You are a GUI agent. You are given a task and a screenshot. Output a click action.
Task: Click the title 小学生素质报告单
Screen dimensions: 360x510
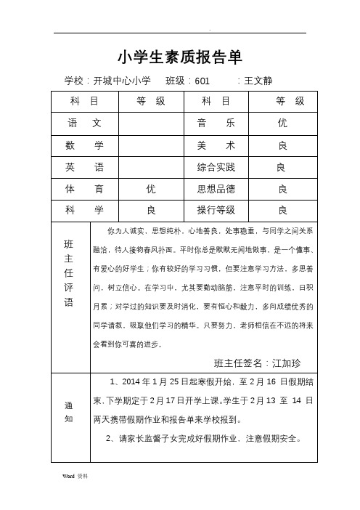(179, 57)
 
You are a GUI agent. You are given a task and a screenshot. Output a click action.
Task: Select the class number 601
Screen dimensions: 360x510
(202, 81)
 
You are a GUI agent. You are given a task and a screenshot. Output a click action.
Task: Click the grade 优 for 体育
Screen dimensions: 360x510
(151, 189)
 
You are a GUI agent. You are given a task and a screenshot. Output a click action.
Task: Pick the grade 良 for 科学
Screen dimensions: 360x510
(151, 211)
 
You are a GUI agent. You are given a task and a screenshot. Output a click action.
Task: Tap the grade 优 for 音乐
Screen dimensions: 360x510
(282, 124)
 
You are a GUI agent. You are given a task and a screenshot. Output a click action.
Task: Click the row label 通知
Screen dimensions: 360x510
(69, 413)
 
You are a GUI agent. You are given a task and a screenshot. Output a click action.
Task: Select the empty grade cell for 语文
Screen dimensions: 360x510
(151, 124)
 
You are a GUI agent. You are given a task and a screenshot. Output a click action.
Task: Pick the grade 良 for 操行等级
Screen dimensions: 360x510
(282, 211)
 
